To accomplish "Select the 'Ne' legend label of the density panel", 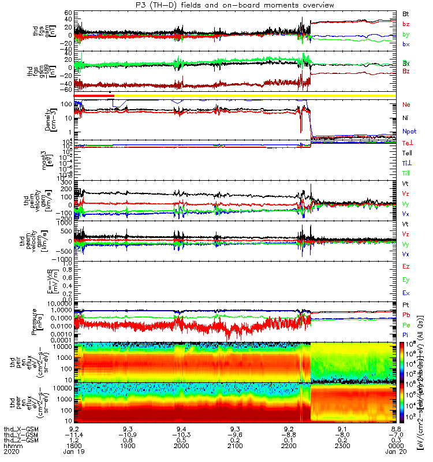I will point(406,105).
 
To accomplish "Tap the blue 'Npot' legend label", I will point(409,131).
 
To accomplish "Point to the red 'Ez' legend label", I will point(406,267).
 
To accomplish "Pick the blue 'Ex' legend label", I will point(406,293).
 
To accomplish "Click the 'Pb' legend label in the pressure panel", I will point(406,315).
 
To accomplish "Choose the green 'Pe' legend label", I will point(406,326).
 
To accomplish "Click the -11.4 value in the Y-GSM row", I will point(74,434).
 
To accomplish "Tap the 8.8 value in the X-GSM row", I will point(395,428).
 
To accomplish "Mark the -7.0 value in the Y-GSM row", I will point(395,434).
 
